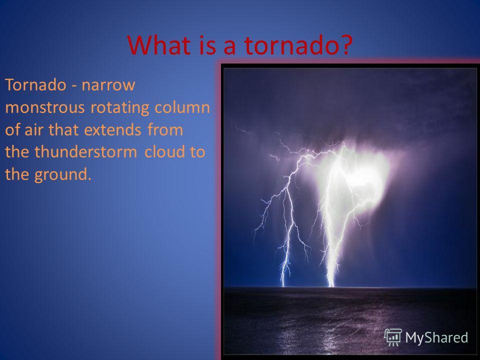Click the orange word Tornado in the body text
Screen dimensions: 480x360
pos(35,84)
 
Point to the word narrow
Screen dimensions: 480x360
pos(108,85)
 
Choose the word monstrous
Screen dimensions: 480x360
pos(44,107)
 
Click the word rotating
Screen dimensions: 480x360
pos(119,108)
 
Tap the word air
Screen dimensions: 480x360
pos(34,130)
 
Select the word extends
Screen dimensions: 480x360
pos(112,130)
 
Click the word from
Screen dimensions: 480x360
pos(165,130)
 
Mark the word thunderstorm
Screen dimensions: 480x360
pos(85,152)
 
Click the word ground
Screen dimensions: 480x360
pos(63,175)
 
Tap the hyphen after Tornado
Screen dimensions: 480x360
pos(74,86)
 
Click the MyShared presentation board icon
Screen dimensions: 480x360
pos(393,337)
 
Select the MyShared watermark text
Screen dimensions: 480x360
pos(436,337)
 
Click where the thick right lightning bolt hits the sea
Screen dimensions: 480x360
pos(331,286)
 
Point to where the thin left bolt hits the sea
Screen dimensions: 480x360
pos(283,286)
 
